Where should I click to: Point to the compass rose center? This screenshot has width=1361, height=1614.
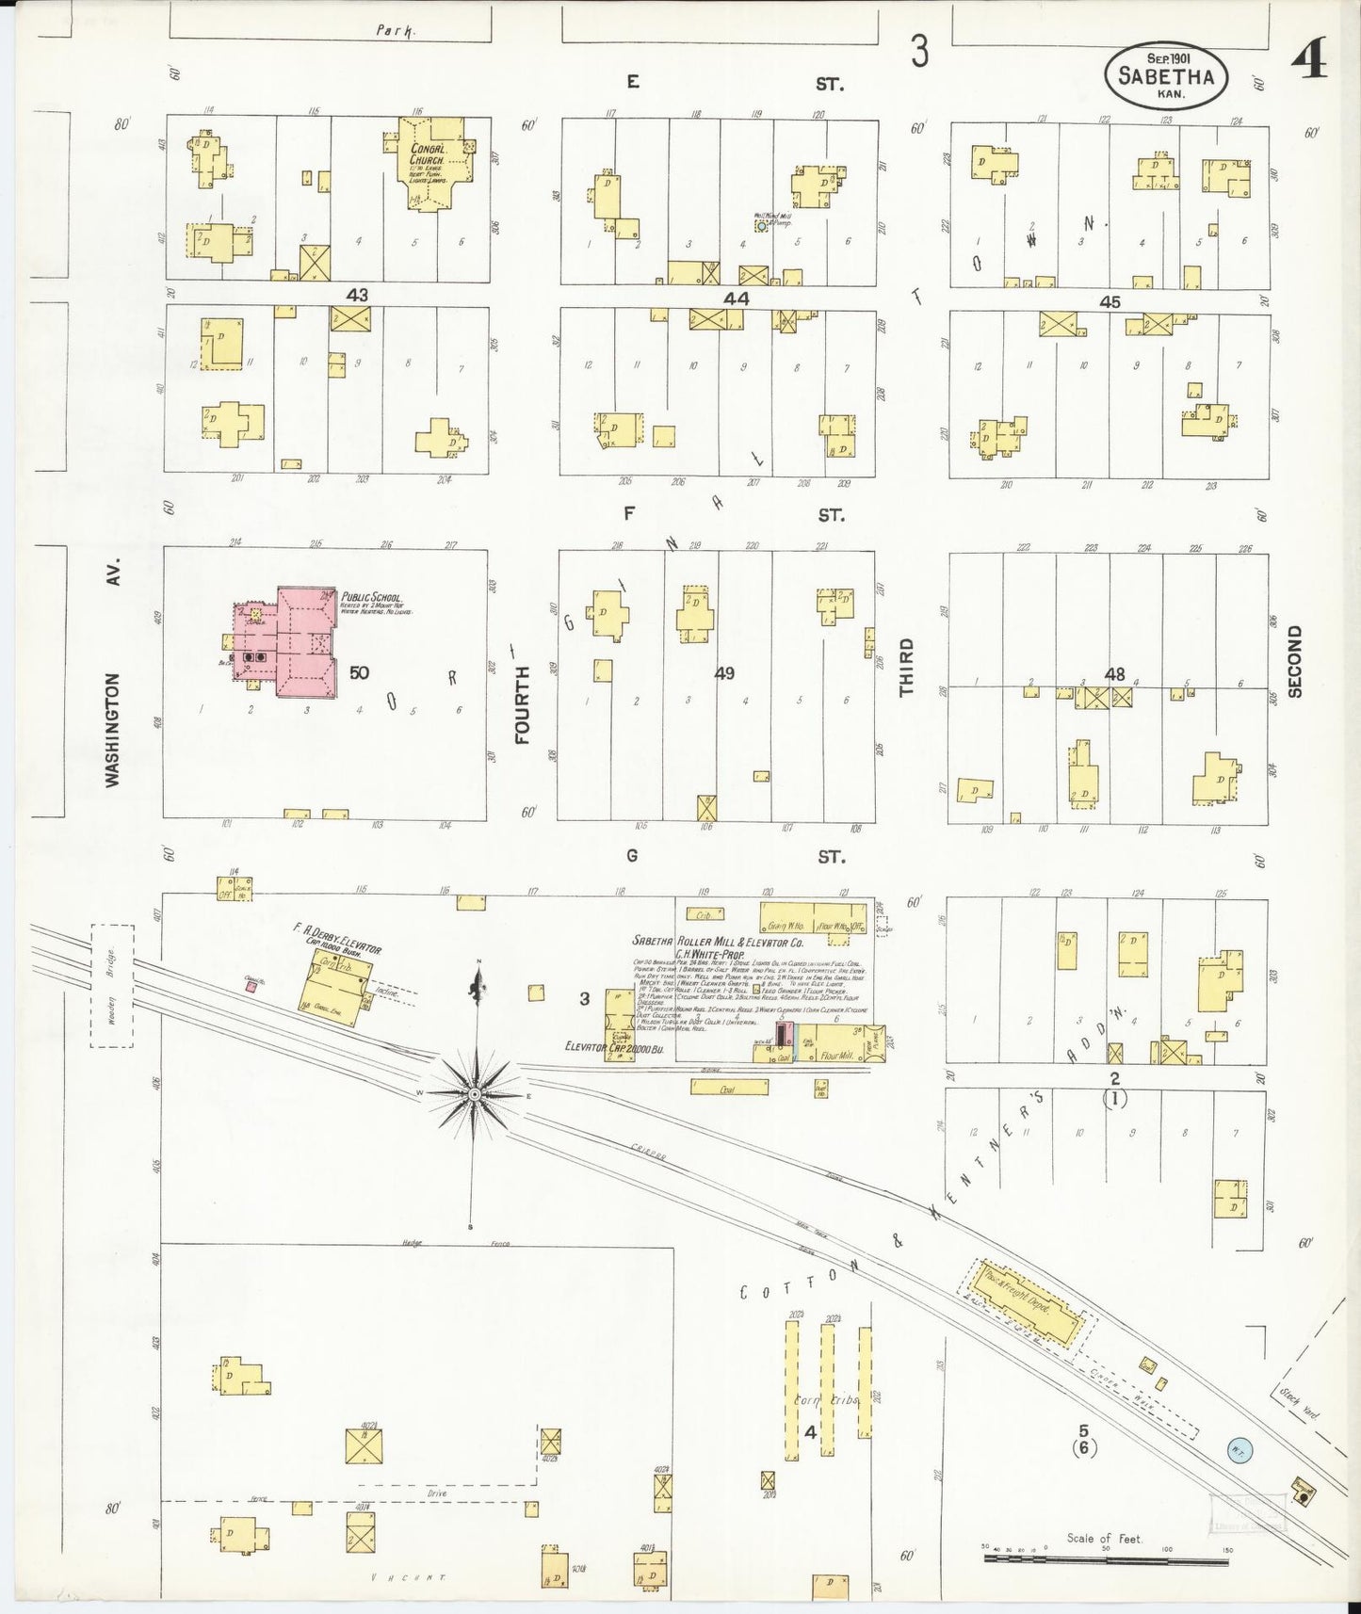tap(476, 1093)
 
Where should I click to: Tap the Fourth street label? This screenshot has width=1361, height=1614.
tap(524, 704)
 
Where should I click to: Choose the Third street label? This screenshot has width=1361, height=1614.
tap(906, 667)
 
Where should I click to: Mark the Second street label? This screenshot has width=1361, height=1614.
tap(1294, 661)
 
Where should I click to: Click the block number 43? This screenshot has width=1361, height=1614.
tap(356, 296)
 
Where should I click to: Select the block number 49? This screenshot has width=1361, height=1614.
tap(724, 673)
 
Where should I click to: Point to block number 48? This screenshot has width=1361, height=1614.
tap(1115, 674)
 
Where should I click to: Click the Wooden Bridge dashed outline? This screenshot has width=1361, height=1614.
tap(112, 985)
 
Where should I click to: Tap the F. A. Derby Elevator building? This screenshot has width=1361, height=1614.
tap(335, 987)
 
